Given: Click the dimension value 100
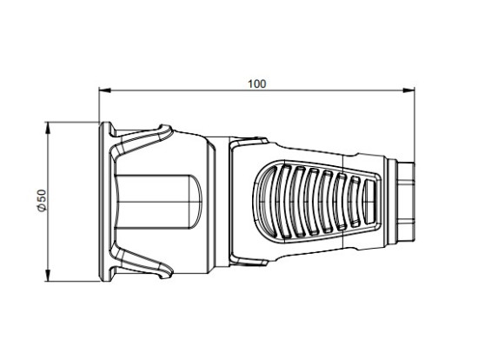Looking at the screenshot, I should pyautogui.click(x=256, y=83).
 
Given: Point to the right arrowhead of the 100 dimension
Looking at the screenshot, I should pyautogui.click(x=408, y=91).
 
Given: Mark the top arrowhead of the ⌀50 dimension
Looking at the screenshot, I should pyautogui.click(x=50, y=126).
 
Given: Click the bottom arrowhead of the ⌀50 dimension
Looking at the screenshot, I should pyautogui.click(x=50, y=277).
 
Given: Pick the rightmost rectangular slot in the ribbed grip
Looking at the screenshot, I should pyautogui.click(x=371, y=202).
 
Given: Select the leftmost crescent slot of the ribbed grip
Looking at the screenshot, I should pyautogui.click(x=266, y=203).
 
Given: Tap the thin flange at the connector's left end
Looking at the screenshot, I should pyautogui.click(x=104, y=202).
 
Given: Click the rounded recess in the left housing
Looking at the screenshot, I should pyautogui.click(x=156, y=202).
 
